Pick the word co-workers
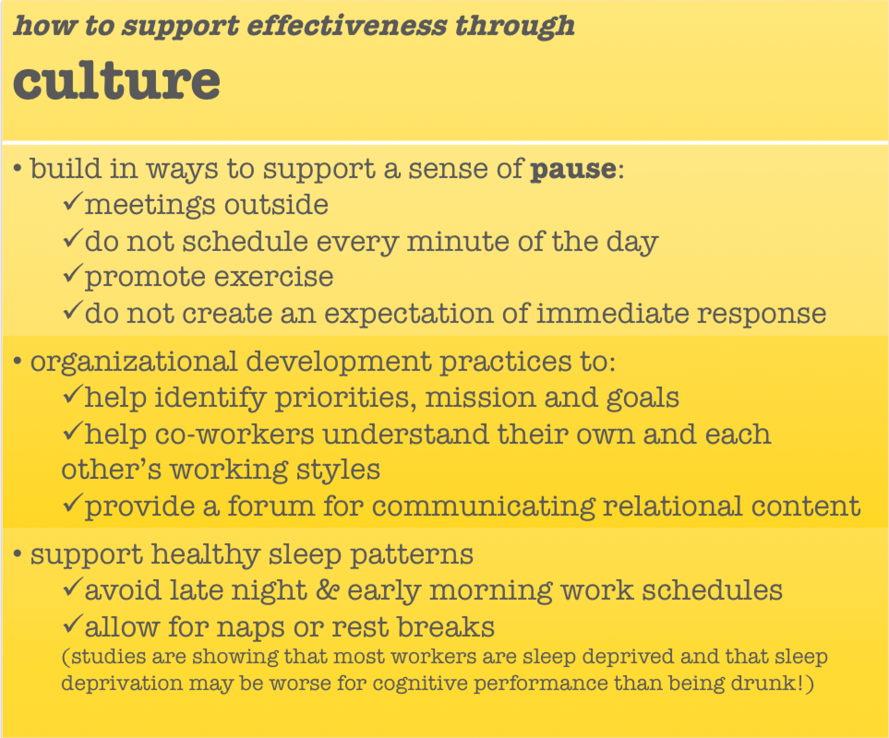(x=234, y=434)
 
